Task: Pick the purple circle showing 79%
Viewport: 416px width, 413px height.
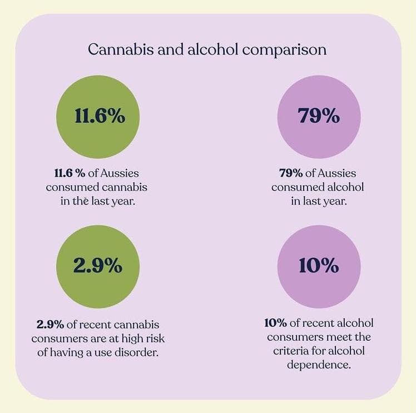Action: point(319,117)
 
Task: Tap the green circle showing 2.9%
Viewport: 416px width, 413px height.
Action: point(98,266)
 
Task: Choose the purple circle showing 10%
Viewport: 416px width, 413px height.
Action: point(319,266)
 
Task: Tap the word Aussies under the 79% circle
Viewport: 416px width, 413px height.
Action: point(337,173)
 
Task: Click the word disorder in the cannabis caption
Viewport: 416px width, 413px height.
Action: point(138,352)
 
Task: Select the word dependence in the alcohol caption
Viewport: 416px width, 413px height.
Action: point(318,365)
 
